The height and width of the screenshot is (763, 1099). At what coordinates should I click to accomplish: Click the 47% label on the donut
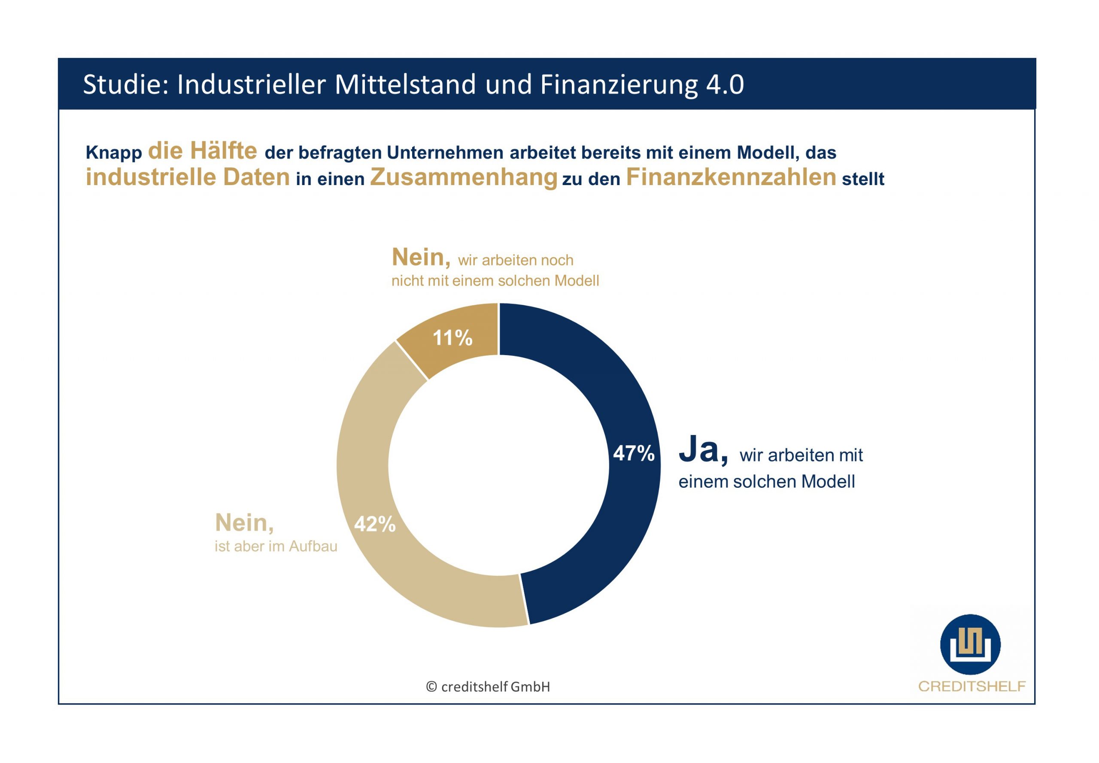633,453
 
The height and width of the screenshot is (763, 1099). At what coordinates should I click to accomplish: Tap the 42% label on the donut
374,524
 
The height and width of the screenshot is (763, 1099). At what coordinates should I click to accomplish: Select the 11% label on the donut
452,338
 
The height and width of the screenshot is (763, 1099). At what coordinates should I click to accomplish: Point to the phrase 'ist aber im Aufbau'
276,546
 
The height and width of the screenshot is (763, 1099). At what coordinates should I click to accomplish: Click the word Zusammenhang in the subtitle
463,177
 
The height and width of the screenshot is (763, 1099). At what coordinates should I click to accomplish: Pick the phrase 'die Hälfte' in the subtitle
202,151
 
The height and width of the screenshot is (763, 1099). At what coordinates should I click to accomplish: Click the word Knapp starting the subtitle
114,153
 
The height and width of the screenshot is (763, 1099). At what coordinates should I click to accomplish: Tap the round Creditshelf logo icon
970,644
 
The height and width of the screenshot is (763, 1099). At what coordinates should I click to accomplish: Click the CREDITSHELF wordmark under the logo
971,687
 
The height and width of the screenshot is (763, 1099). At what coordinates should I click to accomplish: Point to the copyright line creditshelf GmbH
488,687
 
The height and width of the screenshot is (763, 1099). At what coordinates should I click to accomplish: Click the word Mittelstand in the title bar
405,85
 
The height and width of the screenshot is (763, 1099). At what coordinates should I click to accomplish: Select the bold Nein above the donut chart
421,258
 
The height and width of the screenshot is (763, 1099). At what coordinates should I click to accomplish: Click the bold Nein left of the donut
244,523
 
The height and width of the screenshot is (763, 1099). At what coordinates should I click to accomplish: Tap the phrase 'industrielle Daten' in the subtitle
188,177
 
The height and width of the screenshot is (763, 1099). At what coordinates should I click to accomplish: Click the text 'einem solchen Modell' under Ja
766,481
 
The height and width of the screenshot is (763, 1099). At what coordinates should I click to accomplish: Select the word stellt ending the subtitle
863,179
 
